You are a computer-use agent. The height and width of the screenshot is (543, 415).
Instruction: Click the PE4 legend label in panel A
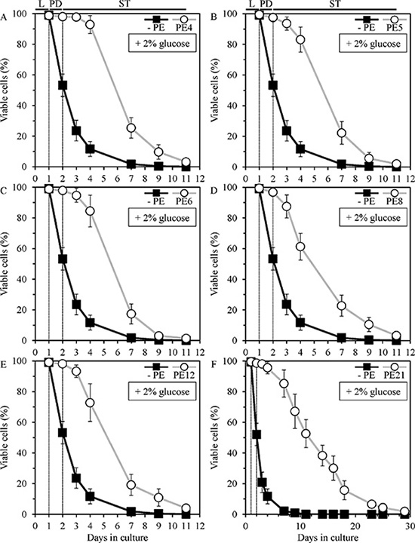click(x=186, y=27)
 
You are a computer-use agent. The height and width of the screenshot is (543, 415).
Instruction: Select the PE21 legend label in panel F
click(x=394, y=374)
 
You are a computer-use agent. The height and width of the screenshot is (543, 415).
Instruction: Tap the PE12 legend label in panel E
click(x=184, y=374)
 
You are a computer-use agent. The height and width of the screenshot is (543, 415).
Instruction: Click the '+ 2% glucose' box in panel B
click(x=373, y=44)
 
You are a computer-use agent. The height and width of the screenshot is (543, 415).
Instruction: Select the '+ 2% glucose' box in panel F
click(x=373, y=391)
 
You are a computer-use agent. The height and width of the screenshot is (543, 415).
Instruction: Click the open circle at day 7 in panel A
click(x=131, y=127)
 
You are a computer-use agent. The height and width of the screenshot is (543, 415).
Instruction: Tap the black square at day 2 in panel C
click(x=63, y=259)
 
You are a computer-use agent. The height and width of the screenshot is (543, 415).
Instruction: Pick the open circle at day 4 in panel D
click(x=300, y=247)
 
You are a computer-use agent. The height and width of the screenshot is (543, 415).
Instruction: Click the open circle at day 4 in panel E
click(x=90, y=403)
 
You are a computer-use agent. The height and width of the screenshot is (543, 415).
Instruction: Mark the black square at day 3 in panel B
click(x=287, y=131)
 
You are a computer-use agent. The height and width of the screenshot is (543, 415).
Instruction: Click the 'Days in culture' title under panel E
click(x=117, y=538)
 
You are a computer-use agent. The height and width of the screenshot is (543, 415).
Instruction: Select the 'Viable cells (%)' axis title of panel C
click(x=5, y=264)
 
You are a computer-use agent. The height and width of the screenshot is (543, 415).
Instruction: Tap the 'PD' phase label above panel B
click(x=266, y=4)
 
